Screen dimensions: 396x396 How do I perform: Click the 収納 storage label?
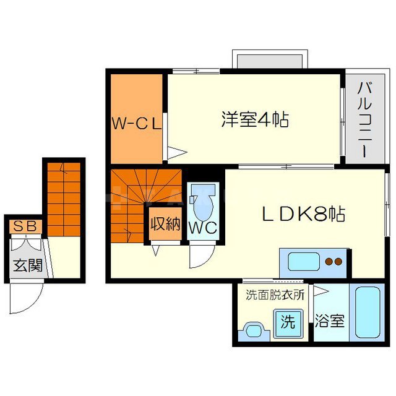point(164,223)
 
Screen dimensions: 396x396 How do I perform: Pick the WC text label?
point(203,228)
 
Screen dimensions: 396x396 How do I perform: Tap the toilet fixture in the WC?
point(203,199)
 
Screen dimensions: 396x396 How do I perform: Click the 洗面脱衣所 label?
point(275,295)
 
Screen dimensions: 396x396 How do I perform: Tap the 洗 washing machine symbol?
point(287,322)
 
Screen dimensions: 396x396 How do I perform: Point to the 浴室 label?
point(329,322)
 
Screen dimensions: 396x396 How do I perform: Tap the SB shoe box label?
point(25,227)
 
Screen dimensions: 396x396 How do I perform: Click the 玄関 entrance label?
point(28,265)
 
